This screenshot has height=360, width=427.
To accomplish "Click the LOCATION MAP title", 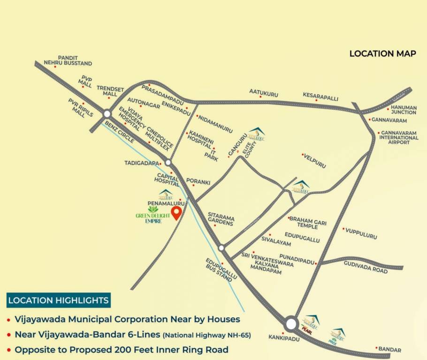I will pos(382,53).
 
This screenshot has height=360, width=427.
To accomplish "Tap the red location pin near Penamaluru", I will pos(176,213).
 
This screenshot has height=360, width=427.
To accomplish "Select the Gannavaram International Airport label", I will pos(399,137).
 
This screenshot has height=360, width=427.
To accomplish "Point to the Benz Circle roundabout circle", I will pos(107,113).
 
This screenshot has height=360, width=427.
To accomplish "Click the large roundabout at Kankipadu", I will pos(291,324).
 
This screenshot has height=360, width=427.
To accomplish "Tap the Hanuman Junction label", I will pos(404,110).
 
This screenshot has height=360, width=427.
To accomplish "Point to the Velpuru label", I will pos(315,161).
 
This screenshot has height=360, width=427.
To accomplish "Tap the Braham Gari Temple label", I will pos(307,223).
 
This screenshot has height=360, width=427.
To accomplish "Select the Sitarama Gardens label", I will pos(221,218).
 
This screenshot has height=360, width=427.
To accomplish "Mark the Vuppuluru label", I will pos(361,233).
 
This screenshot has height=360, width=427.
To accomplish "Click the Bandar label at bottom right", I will pos(390,350).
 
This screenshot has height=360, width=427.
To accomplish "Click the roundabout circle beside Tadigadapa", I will pos(168,163).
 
